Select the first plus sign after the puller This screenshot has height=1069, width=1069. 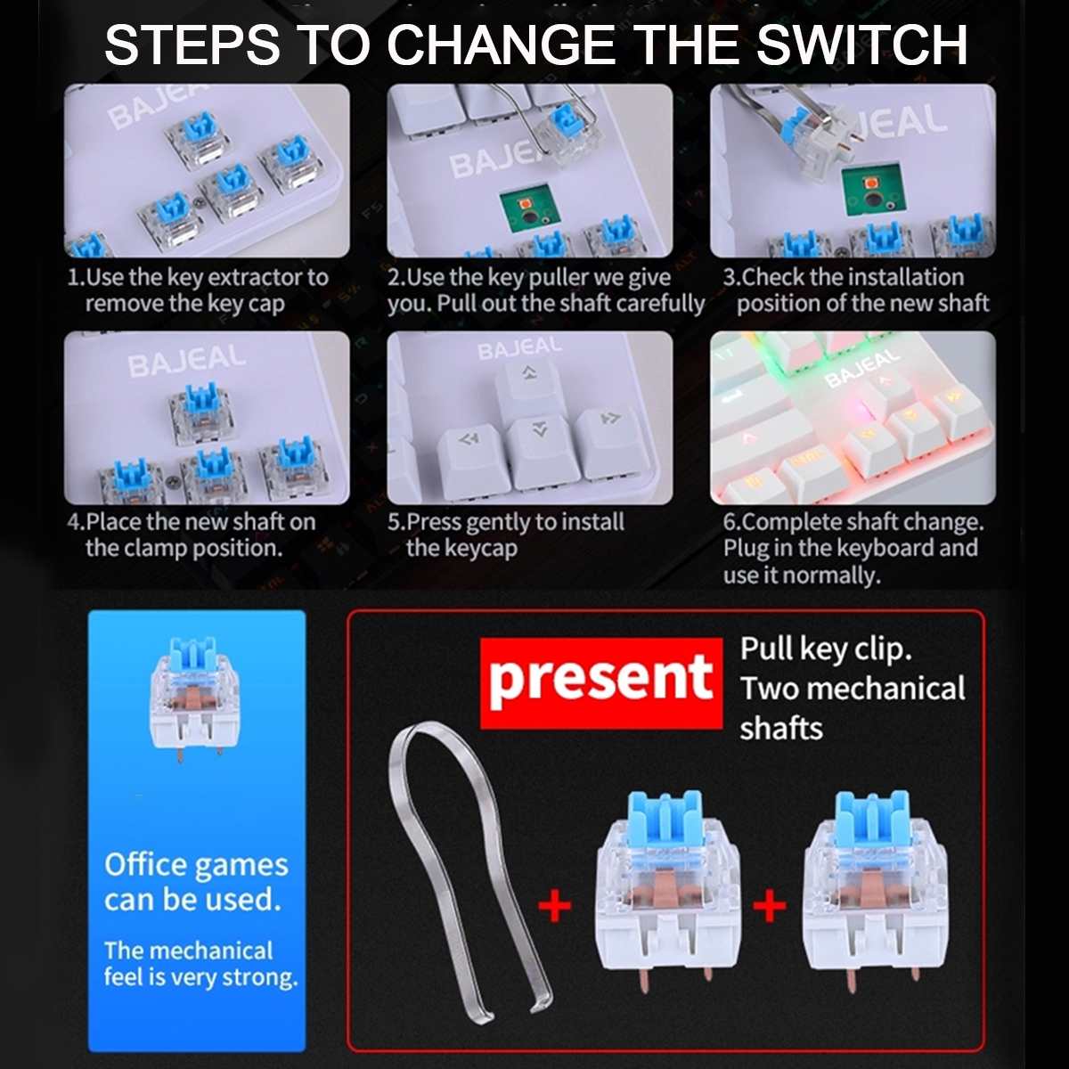pos(555,907)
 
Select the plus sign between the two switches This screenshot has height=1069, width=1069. pos(770,907)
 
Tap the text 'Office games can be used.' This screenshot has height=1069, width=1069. pos(196,882)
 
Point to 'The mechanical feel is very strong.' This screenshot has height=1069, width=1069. pos(200,964)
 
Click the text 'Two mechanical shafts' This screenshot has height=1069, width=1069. pos(851,708)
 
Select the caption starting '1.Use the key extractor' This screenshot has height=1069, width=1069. pos(198,290)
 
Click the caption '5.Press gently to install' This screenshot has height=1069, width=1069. pos(506,534)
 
